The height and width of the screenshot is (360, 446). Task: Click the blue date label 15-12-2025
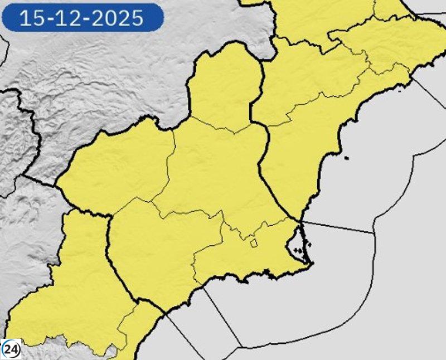click(82, 18)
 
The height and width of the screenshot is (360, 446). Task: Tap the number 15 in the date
click(30, 18)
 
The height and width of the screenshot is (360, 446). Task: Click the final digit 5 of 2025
click(138, 18)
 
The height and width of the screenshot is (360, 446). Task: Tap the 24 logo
click(11, 349)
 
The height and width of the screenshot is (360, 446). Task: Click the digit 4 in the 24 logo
click(14, 349)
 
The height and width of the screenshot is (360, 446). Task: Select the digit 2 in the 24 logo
click(8, 349)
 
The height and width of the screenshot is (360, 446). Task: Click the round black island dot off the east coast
click(347, 158)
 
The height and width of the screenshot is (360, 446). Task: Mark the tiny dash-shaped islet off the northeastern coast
click(400, 86)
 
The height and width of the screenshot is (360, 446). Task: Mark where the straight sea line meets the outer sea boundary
click(374, 233)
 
